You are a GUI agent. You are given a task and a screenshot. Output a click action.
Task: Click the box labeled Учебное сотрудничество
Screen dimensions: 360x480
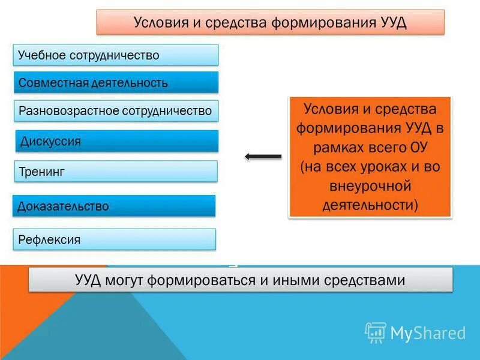(x=115, y=55)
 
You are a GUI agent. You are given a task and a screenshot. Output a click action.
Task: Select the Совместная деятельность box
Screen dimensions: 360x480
(x=115, y=83)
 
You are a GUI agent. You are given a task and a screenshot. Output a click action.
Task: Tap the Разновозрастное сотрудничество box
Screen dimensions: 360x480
(x=115, y=111)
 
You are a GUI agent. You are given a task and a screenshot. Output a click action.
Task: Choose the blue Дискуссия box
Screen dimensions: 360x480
(x=115, y=142)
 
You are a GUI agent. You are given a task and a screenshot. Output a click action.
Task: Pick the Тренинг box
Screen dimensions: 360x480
(x=115, y=172)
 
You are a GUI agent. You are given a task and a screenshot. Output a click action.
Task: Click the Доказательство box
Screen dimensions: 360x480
(x=114, y=206)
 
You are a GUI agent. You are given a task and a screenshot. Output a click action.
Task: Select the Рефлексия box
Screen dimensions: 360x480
(x=114, y=240)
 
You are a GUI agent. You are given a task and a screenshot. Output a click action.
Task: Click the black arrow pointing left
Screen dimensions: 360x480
(x=263, y=157)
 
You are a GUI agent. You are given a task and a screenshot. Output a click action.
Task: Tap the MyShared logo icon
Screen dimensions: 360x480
(x=375, y=332)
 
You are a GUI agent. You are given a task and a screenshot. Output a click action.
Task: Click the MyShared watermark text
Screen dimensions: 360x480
(x=428, y=333)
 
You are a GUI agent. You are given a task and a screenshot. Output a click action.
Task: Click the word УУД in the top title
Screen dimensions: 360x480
(x=394, y=23)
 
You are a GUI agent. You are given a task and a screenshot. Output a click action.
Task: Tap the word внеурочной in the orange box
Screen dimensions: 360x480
(x=370, y=186)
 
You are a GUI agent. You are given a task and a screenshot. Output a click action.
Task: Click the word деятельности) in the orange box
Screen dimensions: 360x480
(x=370, y=205)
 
